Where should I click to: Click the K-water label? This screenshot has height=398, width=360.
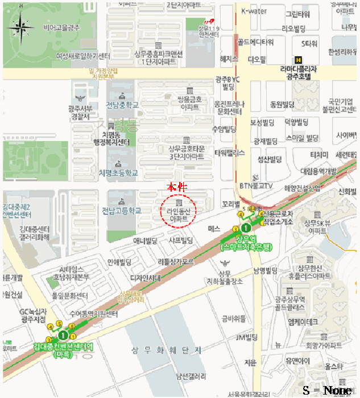(254, 11)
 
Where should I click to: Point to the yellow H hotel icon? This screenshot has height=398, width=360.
(297, 60)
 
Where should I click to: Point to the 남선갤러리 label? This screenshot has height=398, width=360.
(191, 376)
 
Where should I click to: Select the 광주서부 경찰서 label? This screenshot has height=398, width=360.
(79, 112)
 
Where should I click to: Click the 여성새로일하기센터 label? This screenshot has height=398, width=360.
(82, 56)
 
